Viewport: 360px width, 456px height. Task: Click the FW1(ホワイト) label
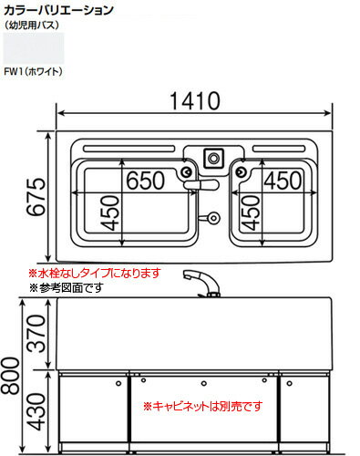(32, 70)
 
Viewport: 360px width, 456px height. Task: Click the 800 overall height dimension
(11, 373)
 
